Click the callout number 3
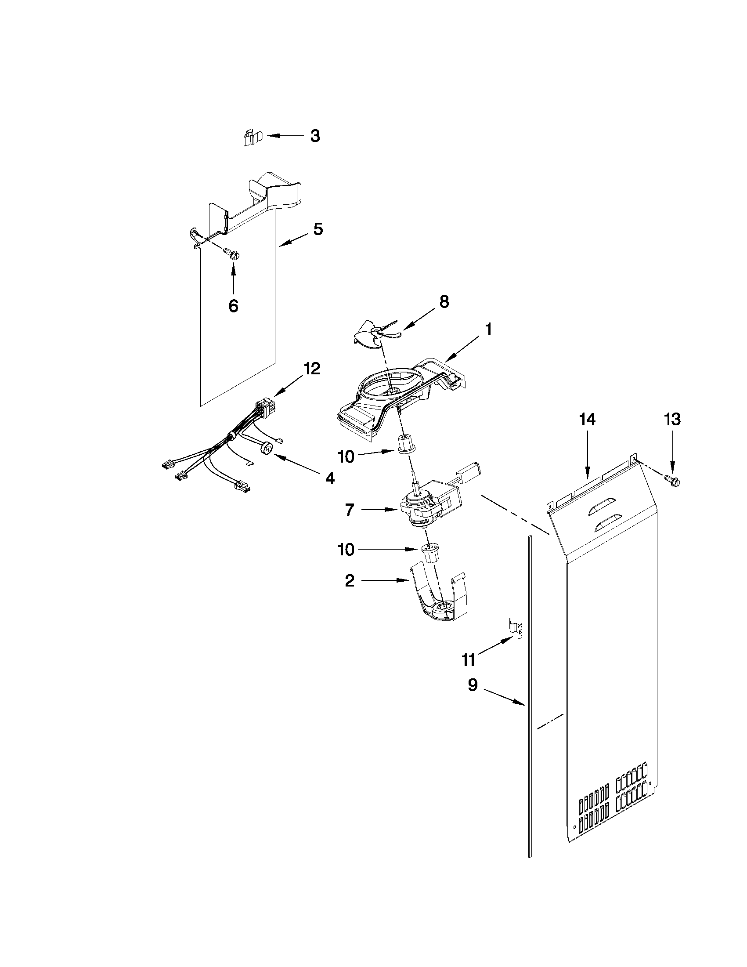[314, 136]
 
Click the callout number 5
[318, 229]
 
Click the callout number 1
[488, 330]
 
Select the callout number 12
[311, 368]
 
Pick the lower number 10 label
[346, 550]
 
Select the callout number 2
[350, 581]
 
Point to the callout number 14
[587, 419]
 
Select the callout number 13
[672, 419]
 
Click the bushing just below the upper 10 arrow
[406, 444]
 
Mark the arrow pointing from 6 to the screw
[233, 279]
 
